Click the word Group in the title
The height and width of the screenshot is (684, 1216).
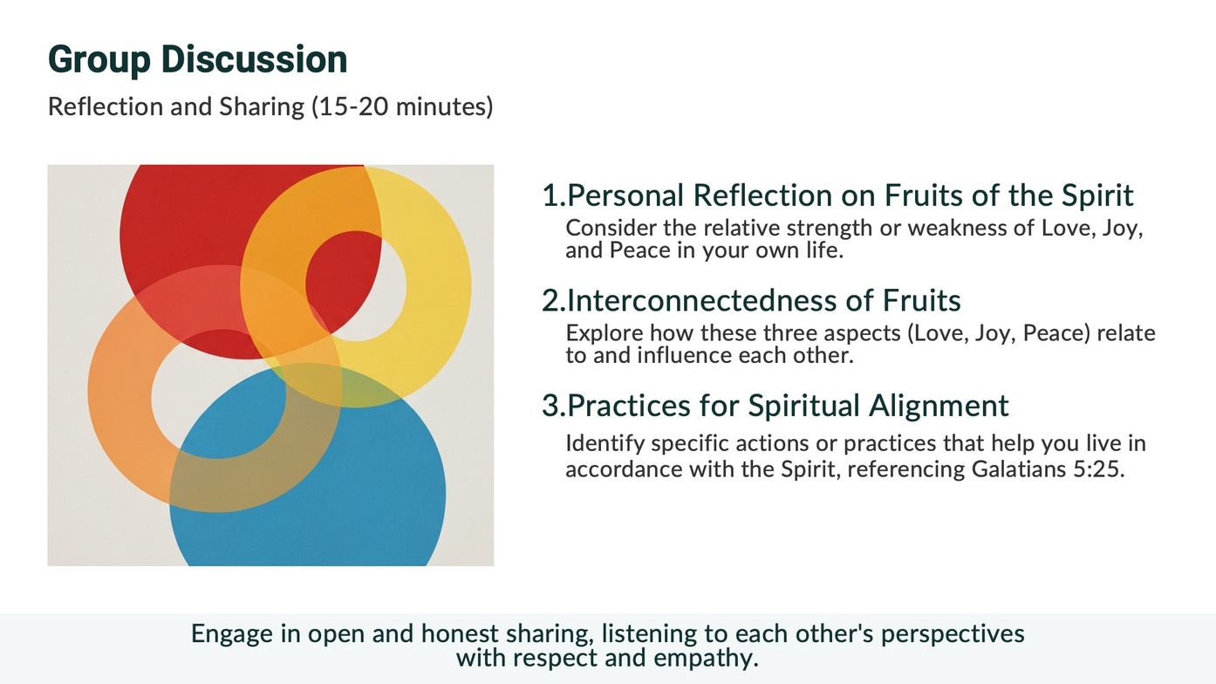coord(99,59)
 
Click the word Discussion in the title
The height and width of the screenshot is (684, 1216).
coord(254,58)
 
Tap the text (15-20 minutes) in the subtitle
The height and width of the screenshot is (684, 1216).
coord(402,106)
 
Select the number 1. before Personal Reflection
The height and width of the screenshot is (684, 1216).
coord(554,195)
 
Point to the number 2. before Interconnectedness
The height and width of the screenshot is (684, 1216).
coord(554,300)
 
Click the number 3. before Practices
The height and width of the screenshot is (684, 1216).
coord(554,406)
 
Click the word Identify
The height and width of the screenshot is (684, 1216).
coord(605,444)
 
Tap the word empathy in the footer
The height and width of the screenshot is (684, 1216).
coord(706,659)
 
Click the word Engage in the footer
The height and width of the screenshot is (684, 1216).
coord(232,634)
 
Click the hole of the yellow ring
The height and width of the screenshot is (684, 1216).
coord(355,285)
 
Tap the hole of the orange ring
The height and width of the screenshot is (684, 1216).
coord(218,393)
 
